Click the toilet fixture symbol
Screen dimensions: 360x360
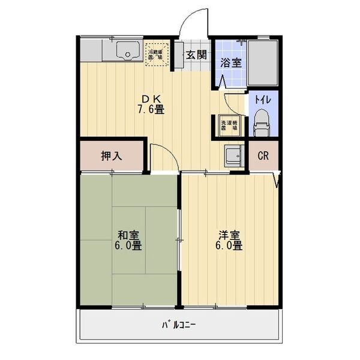click(x=261, y=125)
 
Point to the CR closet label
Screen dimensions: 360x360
click(x=262, y=156)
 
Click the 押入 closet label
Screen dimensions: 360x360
click(x=112, y=156)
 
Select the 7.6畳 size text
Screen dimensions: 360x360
click(x=151, y=110)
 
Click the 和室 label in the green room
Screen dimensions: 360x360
click(x=128, y=235)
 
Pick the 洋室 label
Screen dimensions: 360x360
click(x=229, y=235)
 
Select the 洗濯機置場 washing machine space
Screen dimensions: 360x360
click(x=229, y=124)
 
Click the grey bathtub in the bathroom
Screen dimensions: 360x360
click(x=263, y=63)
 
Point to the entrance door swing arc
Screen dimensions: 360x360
click(x=193, y=21)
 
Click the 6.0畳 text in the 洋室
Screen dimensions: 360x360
click(x=229, y=246)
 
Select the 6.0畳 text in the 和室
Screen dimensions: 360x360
click(x=128, y=246)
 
